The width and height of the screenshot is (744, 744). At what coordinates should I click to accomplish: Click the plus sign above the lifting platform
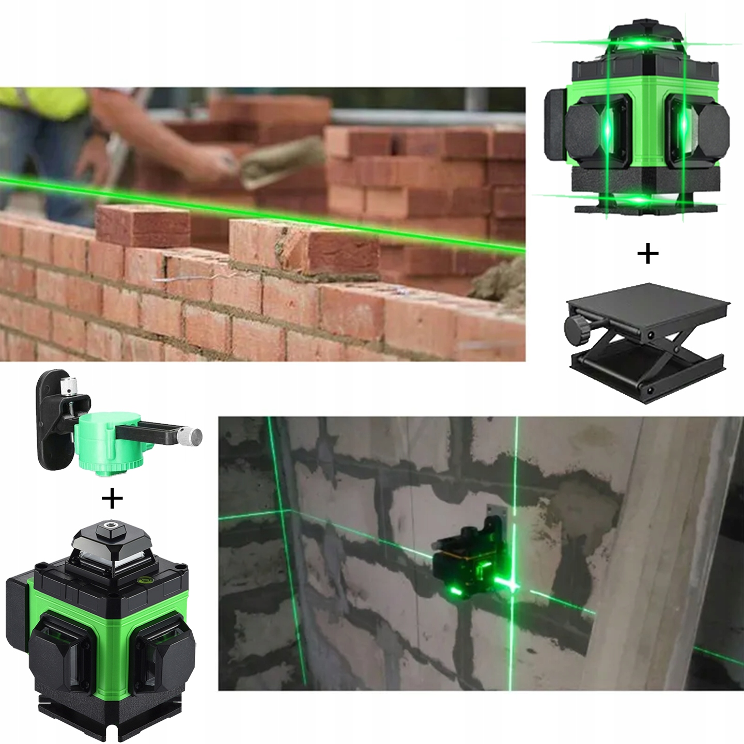click(648, 254)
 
